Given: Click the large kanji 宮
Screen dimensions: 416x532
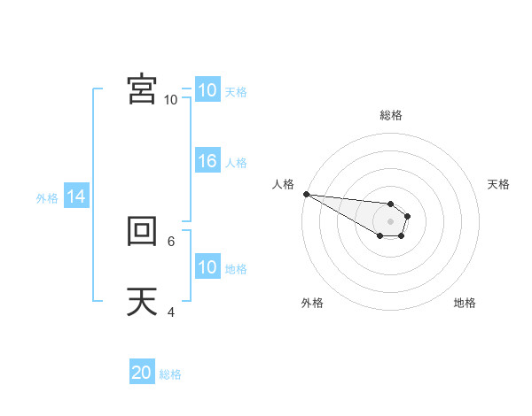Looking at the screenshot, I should pyautogui.click(x=142, y=89).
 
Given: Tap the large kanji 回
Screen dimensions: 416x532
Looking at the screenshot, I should pyautogui.click(x=142, y=232).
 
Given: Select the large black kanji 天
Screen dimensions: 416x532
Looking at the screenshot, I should pyautogui.click(x=142, y=302).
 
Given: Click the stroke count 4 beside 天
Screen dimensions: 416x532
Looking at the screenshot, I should pyautogui.click(x=171, y=312).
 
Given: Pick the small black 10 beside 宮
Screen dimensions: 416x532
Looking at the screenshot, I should pyautogui.click(x=171, y=100).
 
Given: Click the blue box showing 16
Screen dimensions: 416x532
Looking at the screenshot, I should pyautogui.click(x=207, y=161).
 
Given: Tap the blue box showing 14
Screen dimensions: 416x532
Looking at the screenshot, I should pyautogui.click(x=76, y=197).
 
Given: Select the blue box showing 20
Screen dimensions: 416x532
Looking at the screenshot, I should pyautogui.click(x=142, y=373).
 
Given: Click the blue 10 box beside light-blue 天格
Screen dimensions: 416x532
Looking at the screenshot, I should pyautogui.click(x=207, y=90).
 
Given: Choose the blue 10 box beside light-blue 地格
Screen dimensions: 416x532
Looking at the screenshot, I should pyautogui.click(x=207, y=267).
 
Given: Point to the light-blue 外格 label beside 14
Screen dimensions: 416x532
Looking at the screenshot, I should pyautogui.click(x=47, y=198).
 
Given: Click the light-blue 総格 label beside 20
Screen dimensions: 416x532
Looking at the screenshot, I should pyautogui.click(x=170, y=374).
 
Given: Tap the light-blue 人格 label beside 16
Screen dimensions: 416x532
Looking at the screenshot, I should pyautogui.click(x=236, y=163).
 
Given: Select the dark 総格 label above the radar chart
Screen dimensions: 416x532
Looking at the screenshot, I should pyautogui.click(x=391, y=116).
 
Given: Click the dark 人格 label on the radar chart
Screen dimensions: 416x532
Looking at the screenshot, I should pyautogui.click(x=283, y=184).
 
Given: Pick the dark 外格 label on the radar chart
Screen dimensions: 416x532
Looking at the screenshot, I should pyautogui.click(x=312, y=303).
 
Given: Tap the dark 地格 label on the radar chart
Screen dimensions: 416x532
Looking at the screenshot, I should pyautogui.click(x=465, y=303).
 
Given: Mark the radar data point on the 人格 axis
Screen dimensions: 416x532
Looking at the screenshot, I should pyautogui.click(x=305, y=194).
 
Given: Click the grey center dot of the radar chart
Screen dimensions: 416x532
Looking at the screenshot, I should pyautogui.click(x=391, y=221).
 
